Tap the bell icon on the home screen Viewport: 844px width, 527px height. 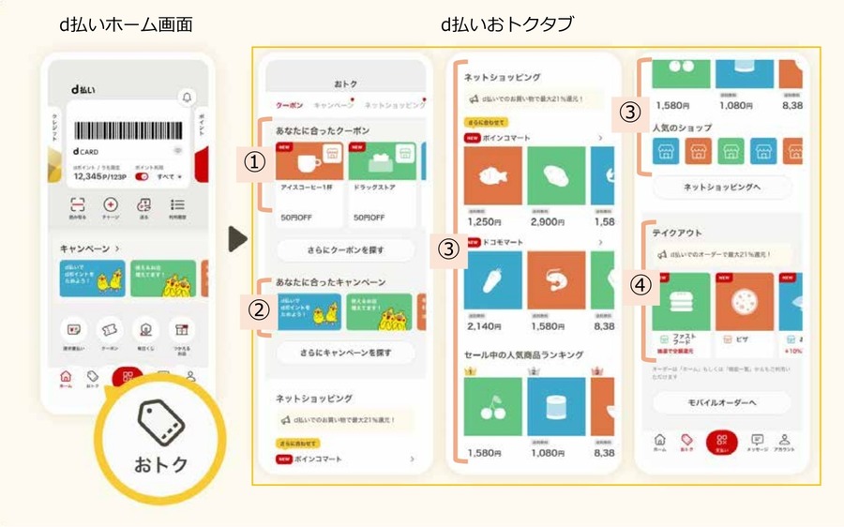[186, 98]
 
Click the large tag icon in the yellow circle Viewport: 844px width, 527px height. [161, 425]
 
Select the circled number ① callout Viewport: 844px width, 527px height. [250, 161]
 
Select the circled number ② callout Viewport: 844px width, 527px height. [250, 308]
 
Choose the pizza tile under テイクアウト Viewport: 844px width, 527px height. [745, 302]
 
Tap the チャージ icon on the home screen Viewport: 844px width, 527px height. [111, 206]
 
